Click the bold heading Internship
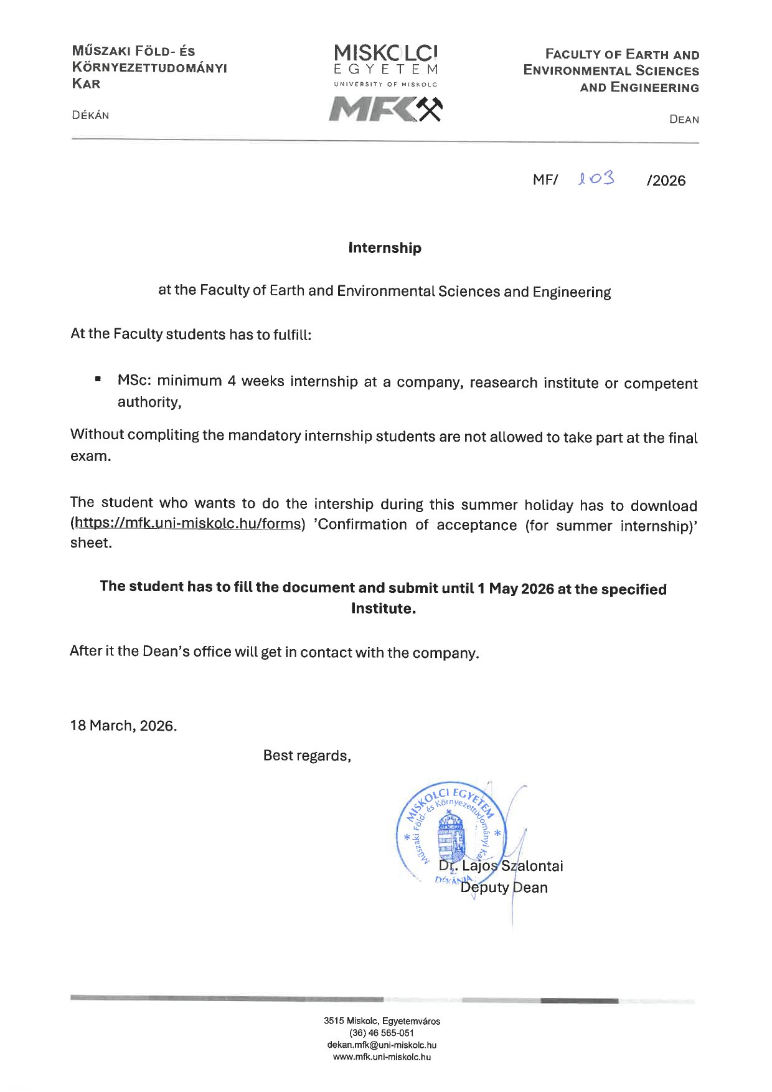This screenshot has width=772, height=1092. tap(385, 248)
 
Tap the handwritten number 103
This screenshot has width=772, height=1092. tap(596, 179)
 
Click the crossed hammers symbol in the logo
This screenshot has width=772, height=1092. tap(428, 109)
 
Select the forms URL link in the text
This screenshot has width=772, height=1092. tap(187, 523)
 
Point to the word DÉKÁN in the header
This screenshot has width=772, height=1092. tap(90, 115)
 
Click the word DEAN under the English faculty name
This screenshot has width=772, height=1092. tap(684, 120)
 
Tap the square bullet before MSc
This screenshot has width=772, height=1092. tap(98, 379)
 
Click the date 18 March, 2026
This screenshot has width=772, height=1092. tap(123, 726)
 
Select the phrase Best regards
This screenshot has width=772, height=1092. tap(307, 756)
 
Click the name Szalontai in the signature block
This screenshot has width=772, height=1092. tap(532, 866)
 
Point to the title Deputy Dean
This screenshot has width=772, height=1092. tap(504, 888)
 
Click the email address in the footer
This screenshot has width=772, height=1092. tap(382, 1045)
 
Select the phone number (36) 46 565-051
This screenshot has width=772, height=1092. tap(382, 1033)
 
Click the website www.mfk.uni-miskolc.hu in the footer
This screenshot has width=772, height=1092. tap(382, 1056)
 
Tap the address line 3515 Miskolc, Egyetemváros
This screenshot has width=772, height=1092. tap(382, 1021)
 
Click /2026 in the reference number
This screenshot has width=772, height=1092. tap(666, 181)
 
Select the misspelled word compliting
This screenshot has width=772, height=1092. tap(164, 435)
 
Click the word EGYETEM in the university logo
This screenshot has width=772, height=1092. tap(385, 69)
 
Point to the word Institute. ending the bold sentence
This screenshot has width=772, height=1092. tap(383, 609)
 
